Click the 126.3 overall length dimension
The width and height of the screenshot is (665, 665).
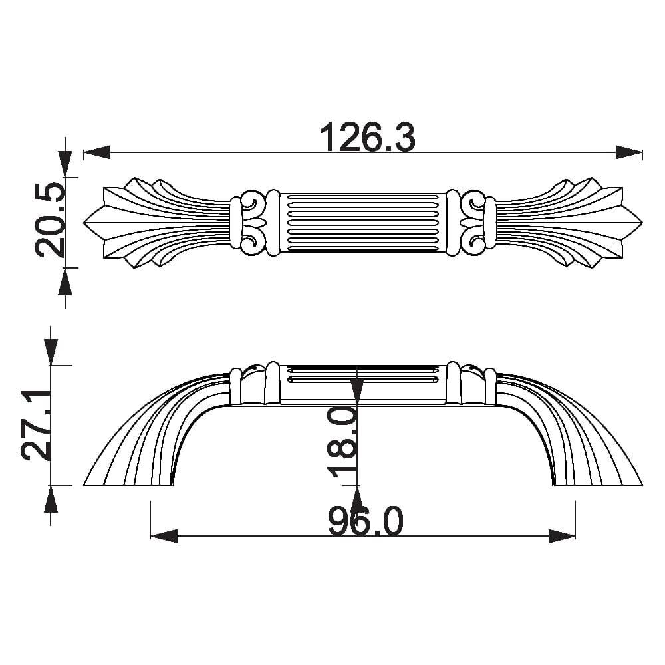(367, 138)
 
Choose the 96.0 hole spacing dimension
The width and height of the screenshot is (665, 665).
(365, 521)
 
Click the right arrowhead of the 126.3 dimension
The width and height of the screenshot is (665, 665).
(629, 153)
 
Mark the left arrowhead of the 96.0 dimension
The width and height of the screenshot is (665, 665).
(164, 536)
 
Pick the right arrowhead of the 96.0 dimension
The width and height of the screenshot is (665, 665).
(562, 536)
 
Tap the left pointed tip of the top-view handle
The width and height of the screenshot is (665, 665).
(86, 221)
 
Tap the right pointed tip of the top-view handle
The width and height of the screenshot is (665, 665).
(640, 221)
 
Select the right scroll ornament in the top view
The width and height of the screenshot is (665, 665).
(473, 221)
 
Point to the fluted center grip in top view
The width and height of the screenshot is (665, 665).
(362, 222)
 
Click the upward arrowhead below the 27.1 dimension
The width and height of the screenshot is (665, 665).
(51, 499)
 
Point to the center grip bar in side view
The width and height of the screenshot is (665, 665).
(362, 384)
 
